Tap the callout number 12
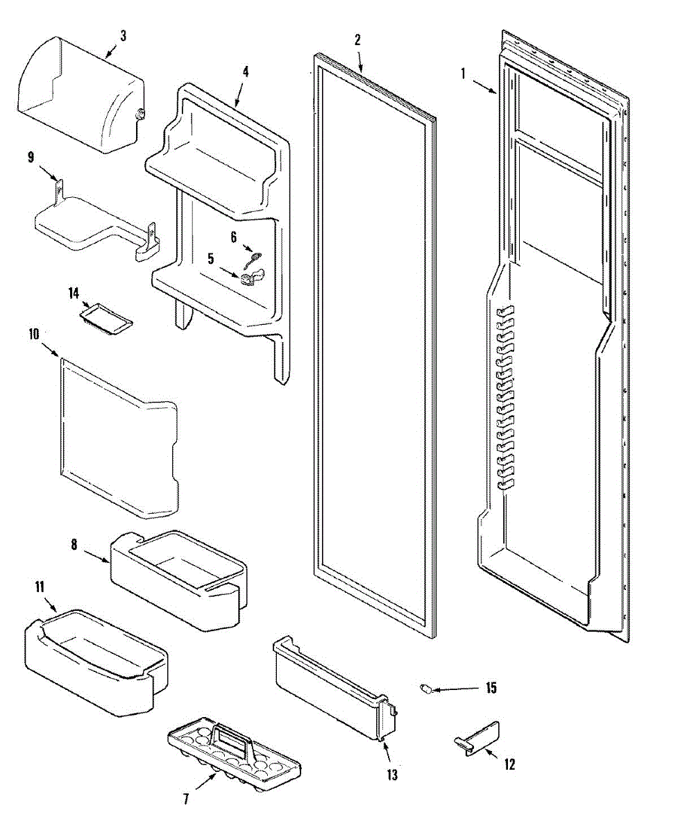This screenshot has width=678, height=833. click(509, 765)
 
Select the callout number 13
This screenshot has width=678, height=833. click(392, 775)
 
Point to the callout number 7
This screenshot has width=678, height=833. click(185, 799)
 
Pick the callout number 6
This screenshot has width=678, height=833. click(234, 237)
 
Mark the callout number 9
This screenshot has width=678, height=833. click(31, 157)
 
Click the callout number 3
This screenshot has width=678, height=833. click(123, 36)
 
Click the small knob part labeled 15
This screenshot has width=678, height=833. click(427, 689)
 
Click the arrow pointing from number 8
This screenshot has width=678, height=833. click(98, 554)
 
